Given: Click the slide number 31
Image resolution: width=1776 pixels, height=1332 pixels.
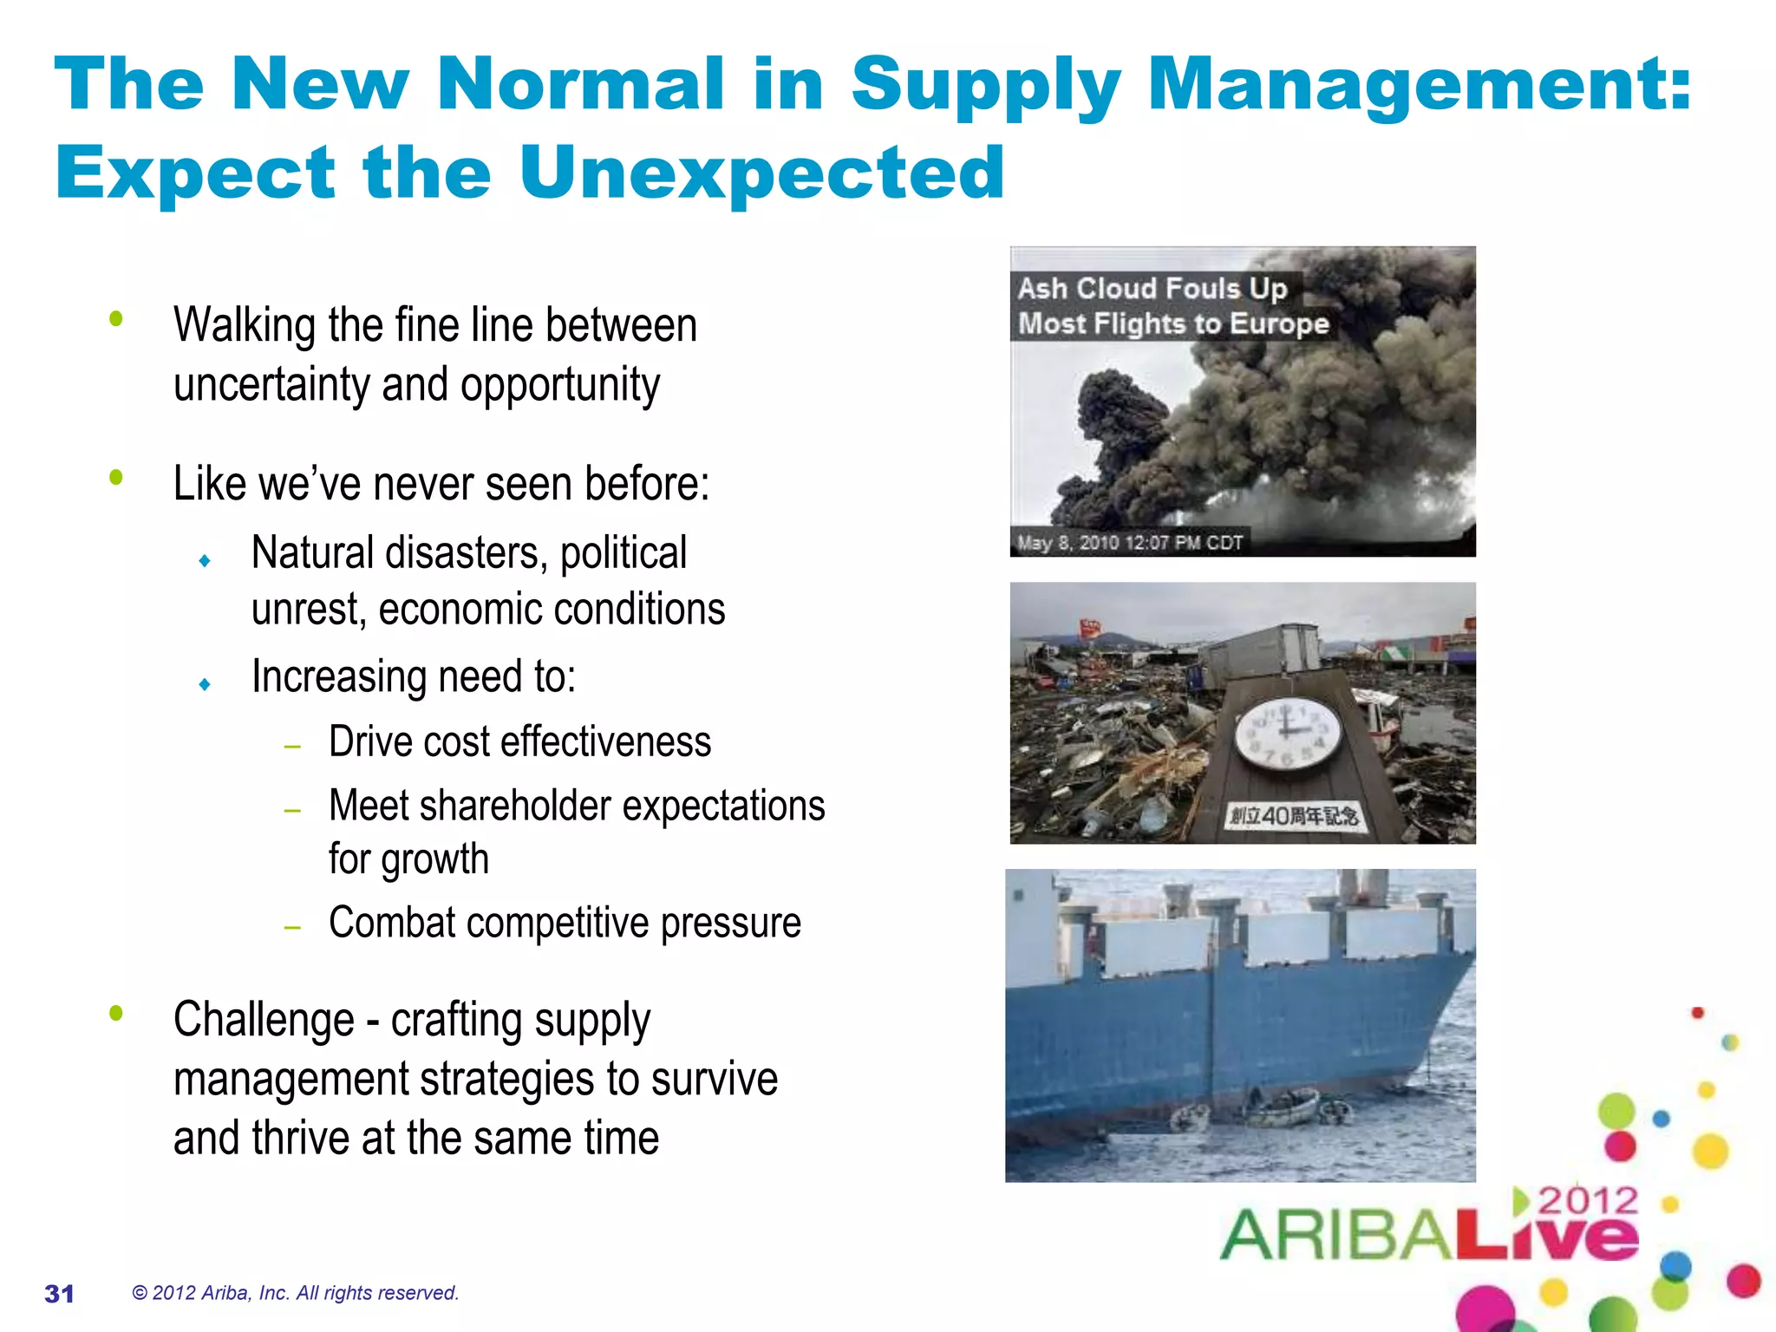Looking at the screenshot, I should (x=59, y=1294).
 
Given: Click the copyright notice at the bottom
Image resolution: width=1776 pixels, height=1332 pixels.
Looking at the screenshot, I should (x=295, y=1293).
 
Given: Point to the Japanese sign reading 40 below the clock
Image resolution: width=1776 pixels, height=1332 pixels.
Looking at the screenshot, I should (x=1293, y=816).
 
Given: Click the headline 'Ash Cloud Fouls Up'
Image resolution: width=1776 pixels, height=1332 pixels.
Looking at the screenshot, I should (x=1152, y=288).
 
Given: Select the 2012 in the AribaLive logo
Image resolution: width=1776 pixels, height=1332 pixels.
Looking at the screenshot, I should (x=1588, y=1202).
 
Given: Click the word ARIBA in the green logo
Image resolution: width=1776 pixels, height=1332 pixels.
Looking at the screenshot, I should (x=1335, y=1235).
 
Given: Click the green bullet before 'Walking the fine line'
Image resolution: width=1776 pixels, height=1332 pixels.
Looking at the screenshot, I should (x=116, y=319).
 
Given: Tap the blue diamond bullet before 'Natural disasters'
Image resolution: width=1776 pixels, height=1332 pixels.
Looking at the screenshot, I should (x=205, y=561).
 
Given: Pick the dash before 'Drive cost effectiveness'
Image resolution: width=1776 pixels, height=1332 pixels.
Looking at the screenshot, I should (x=292, y=746).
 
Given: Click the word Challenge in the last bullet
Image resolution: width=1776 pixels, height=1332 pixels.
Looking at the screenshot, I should (x=264, y=1020).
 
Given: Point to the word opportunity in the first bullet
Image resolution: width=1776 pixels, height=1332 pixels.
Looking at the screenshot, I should (x=560, y=384).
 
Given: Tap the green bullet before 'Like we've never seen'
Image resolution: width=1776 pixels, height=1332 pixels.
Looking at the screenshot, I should (x=116, y=477).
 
